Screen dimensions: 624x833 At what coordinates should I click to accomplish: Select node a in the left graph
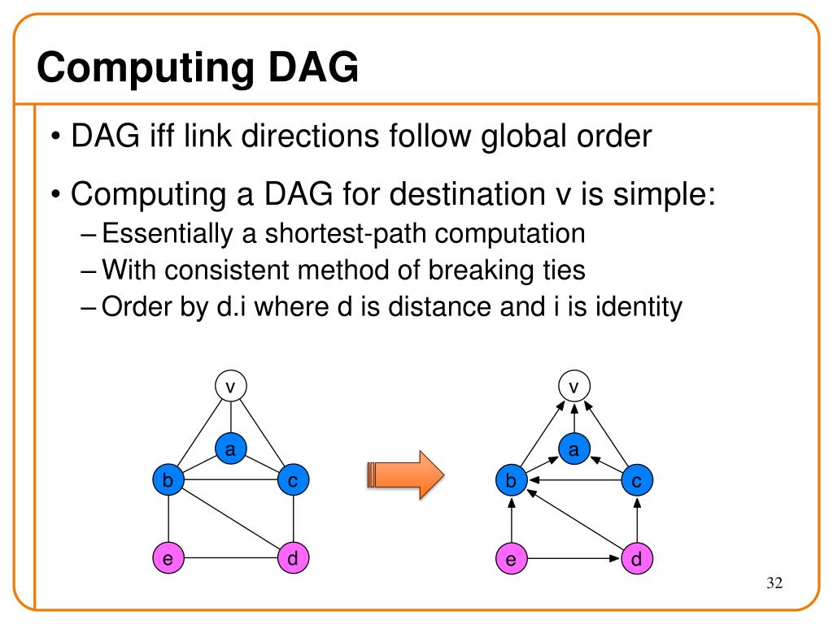tap(231, 449)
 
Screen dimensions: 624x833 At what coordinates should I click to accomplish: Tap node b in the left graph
tap(168, 480)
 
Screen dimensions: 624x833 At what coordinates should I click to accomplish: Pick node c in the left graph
tap(293, 481)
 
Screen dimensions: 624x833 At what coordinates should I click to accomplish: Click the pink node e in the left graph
tap(168, 559)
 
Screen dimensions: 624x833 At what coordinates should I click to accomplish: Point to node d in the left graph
tap(293, 559)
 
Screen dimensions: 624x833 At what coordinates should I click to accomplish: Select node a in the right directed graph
tap(574, 449)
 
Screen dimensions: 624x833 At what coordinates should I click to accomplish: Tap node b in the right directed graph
tap(512, 480)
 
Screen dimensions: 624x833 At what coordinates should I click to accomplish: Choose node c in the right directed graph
tap(636, 481)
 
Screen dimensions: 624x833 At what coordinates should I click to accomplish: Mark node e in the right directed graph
tap(512, 559)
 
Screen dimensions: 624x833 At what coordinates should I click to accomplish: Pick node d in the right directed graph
tap(636, 559)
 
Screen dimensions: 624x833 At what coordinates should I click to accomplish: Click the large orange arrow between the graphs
tap(404, 474)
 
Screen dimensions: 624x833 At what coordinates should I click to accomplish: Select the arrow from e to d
tap(574, 559)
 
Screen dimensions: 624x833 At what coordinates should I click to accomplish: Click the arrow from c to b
tap(574, 481)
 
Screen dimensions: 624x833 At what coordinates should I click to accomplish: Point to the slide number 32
tap(774, 583)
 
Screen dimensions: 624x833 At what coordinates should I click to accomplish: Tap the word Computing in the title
tap(144, 68)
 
